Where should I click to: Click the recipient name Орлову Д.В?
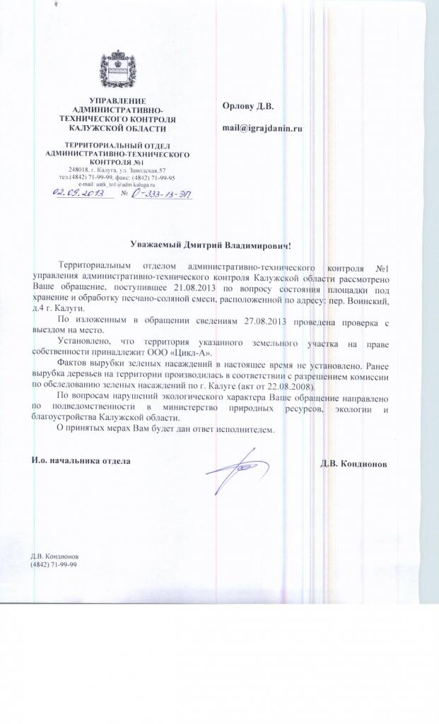247,106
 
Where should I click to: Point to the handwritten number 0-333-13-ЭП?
163,192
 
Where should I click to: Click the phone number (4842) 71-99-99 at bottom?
54,565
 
